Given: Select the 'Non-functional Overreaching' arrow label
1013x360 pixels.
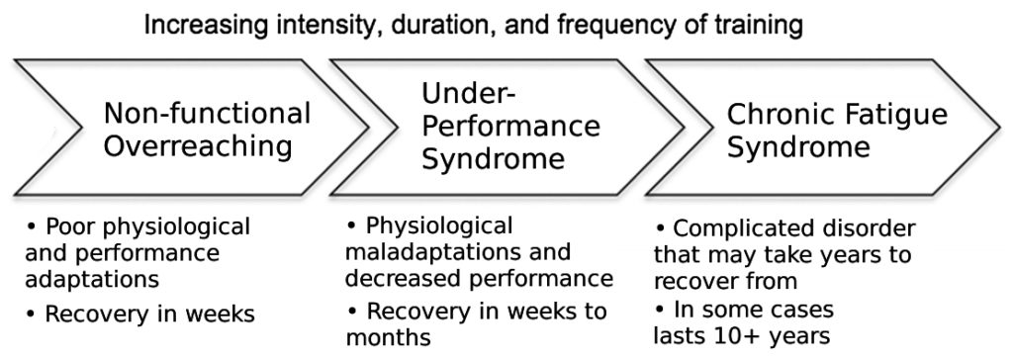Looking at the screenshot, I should (x=207, y=131).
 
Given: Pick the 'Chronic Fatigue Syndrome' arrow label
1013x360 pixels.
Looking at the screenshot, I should (x=837, y=131).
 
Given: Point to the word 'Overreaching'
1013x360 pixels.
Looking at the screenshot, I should (x=199, y=147).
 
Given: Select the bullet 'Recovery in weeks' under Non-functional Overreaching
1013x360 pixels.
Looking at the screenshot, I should (x=140, y=315).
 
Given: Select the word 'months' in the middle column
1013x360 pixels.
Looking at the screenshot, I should (x=388, y=337).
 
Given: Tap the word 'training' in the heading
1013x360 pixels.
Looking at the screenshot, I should (x=763, y=24).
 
